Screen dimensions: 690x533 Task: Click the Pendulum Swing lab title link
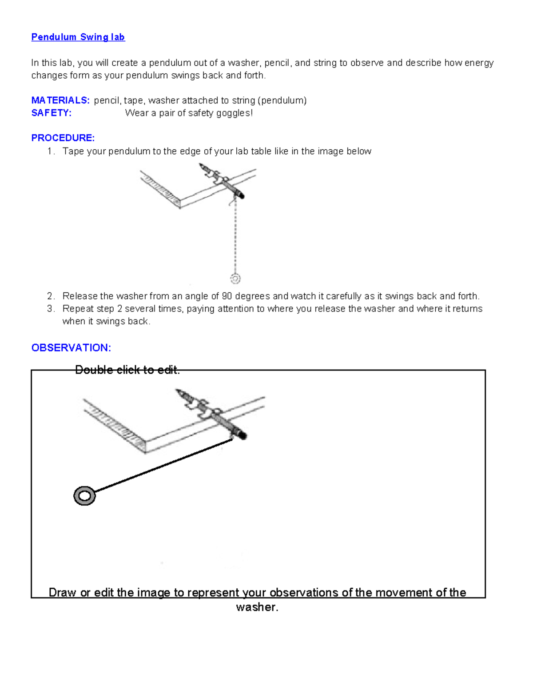[78, 37]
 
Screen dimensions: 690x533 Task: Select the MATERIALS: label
[60, 100]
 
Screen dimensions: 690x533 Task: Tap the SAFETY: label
[51, 113]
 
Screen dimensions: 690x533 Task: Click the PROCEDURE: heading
[63, 138]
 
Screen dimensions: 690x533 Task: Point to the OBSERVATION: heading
[71, 348]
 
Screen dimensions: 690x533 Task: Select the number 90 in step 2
[227, 296]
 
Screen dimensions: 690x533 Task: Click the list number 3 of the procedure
[50, 309]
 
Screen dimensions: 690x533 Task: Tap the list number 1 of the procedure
[50, 152]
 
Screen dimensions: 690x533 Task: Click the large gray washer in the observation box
[84, 496]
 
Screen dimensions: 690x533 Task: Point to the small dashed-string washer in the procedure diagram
[235, 279]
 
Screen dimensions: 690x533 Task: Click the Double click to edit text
[127, 370]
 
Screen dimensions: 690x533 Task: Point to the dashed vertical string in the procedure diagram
[235, 235]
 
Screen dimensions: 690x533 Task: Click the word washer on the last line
[257, 607]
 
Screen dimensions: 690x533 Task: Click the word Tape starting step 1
[73, 152]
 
